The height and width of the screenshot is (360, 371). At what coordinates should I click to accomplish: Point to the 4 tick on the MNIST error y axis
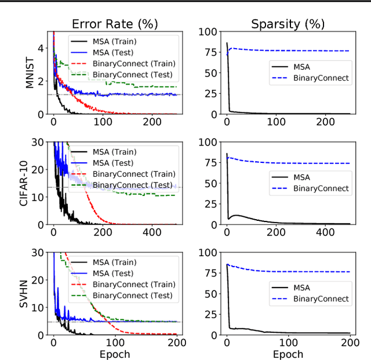[x=40, y=48]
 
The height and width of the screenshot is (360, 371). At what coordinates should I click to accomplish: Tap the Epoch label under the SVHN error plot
[x=114, y=354]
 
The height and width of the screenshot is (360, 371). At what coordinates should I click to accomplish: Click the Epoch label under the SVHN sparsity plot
[x=288, y=354]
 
